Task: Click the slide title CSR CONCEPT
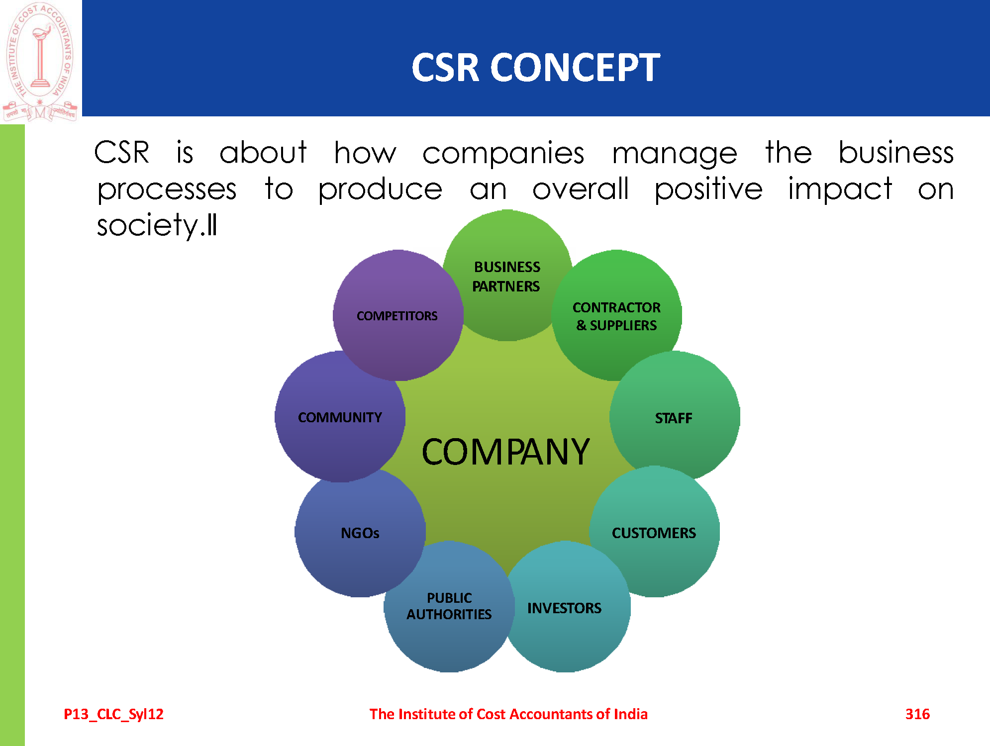tap(536, 68)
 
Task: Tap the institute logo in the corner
tap(40, 61)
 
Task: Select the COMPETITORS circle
tap(397, 316)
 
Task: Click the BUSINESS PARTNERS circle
tap(506, 277)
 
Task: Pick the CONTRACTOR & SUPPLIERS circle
tap(616, 316)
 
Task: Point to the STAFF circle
tap(674, 418)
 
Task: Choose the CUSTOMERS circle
tap(654, 533)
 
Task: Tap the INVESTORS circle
tap(564, 608)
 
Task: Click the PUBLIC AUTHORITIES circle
tap(449, 606)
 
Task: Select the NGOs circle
tap(360, 533)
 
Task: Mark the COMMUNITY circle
tap(340, 417)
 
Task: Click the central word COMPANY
tap(505, 452)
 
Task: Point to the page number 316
tap(917, 714)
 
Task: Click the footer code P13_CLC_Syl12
tap(113, 714)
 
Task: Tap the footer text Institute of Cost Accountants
tap(508, 714)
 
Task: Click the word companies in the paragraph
tap(503, 153)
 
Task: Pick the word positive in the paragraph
tap(708, 190)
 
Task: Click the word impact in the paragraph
tap(840, 190)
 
